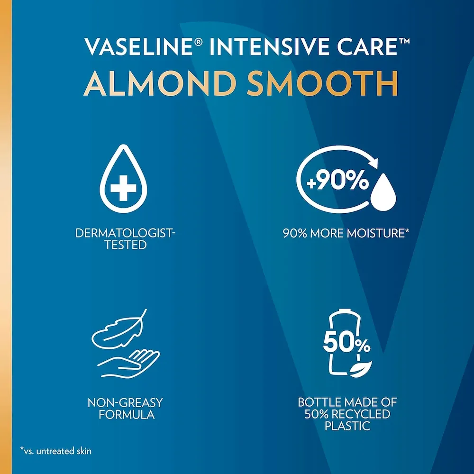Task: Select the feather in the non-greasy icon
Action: [116, 330]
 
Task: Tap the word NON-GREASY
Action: [125, 403]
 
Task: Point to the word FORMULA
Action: [125, 415]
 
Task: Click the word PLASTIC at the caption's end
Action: [347, 426]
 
